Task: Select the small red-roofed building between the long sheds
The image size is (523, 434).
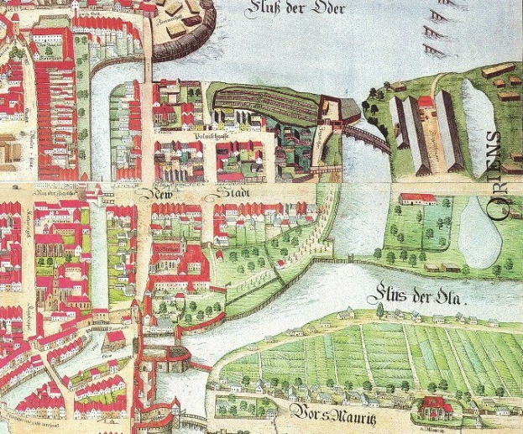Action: tap(426, 103)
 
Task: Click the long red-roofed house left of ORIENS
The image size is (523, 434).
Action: tap(418, 199)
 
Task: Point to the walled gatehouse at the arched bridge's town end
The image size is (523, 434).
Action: tap(330, 112)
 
